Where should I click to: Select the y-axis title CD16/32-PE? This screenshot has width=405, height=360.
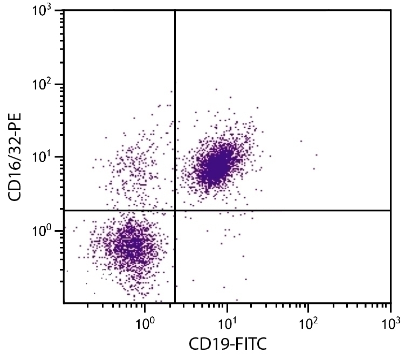pos(16,157)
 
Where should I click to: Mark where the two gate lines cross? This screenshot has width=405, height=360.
pos(175,210)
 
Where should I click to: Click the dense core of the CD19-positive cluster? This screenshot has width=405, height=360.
pos(216,167)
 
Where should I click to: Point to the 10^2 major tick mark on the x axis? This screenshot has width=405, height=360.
pos(308,306)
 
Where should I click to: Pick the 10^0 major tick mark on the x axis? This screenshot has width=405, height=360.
pos(145,306)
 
